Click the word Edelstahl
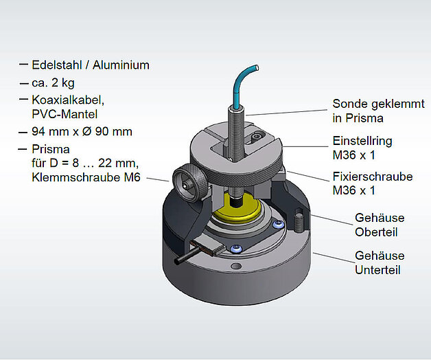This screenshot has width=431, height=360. tap(57, 65)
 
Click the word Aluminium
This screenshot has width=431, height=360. tap(121, 65)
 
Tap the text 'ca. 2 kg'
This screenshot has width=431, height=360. tap(53, 83)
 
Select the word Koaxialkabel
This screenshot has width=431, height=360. tap(68, 100)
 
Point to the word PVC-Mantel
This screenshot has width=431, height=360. tap(65, 114)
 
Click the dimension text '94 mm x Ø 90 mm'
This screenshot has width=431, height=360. tap(82, 131)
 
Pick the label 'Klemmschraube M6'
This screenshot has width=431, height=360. tap(86, 177)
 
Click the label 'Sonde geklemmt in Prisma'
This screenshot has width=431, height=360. tap(379, 111)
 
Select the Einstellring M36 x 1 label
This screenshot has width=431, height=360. tap(362, 148)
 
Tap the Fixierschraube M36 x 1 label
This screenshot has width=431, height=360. tap(373, 183)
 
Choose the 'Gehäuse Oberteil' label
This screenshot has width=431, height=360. tap(380, 225)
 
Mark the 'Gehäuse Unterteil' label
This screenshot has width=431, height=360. tap(380, 263)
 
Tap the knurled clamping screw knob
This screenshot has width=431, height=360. tap(189, 183)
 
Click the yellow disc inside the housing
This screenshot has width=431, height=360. tap(236, 210)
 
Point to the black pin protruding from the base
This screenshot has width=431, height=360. tap(184, 256)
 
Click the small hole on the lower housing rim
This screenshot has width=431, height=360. tap(236, 266)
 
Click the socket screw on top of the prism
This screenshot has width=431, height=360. tap(257, 136)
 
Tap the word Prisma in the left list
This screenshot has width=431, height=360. tap(51, 149)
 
